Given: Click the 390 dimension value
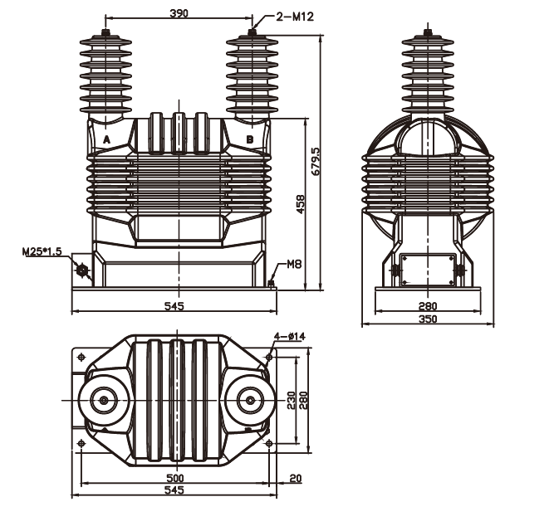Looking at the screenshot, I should click(x=179, y=13).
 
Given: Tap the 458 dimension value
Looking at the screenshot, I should click(x=300, y=204).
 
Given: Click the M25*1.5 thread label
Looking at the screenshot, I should click(x=42, y=251).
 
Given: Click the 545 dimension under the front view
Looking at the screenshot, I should click(x=174, y=306).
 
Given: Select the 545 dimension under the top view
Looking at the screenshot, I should click(x=174, y=490).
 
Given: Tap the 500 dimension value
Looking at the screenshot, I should click(x=175, y=478).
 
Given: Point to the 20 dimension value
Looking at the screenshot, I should click(x=296, y=478).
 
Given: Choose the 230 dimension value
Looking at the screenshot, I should click(x=291, y=399).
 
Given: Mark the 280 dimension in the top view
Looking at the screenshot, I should click(x=303, y=399).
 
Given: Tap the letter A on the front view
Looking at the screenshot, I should click(x=107, y=139).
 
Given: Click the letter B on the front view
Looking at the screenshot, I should click(x=250, y=139).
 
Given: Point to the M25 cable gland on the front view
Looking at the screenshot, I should click(x=82, y=270).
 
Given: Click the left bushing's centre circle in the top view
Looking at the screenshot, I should click(x=104, y=400).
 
